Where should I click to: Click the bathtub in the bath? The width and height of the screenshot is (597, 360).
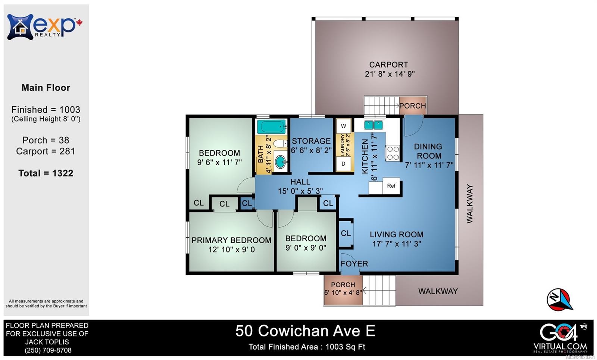pyautogui.click(x=272, y=127)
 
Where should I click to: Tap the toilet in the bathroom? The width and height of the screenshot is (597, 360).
pyautogui.click(x=280, y=144)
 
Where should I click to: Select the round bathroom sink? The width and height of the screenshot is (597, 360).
pyautogui.click(x=281, y=162)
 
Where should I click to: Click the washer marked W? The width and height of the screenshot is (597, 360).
pyautogui.click(x=343, y=126)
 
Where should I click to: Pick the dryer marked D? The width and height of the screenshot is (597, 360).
pyautogui.click(x=343, y=164)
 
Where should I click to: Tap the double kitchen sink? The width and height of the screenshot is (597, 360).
pyautogui.click(x=373, y=125)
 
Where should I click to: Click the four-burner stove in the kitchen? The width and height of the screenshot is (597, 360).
pyautogui.click(x=393, y=153)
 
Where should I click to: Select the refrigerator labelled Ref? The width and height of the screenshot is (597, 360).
pyautogui.click(x=391, y=186)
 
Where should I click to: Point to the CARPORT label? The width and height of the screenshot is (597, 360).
pyautogui.click(x=388, y=65)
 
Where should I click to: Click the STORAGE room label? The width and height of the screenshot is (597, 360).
pyautogui.click(x=311, y=141)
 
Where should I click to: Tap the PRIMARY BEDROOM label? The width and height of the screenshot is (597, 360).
pyautogui.click(x=231, y=240)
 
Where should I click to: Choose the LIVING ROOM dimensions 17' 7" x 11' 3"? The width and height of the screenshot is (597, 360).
pyautogui.click(x=397, y=244)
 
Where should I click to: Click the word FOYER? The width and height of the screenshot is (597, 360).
pyautogui.click(x=354, y=264)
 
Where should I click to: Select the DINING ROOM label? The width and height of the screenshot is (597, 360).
pyautogui.click(x=428, y=151)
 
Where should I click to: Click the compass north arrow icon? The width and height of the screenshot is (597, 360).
pyautogui.click(x=560, y=299)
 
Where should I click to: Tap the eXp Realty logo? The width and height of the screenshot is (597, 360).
pyautogui.click(x=45, y=27)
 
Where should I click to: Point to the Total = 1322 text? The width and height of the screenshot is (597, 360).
pyautogui.click(x=46, y=173)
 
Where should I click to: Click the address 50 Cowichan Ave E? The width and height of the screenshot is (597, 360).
pyautogui.click(x=305, y=331)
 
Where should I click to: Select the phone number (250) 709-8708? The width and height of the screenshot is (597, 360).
pyautogui.click(x=48, y=350)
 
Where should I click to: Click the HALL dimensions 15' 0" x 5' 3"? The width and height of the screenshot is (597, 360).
pyautogui.click(x=300, y=191)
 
